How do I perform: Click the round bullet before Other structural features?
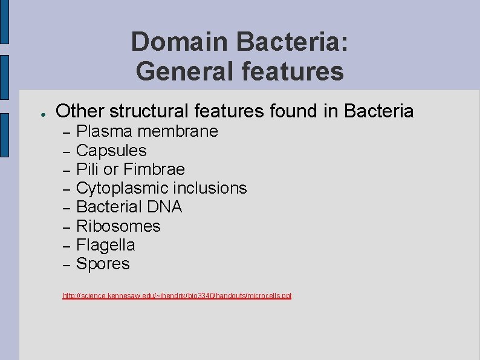tap(37, 113)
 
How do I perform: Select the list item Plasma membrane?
tap(147, 131)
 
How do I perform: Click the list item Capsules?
tap(111, 150)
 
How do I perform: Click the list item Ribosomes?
tap(118, 226)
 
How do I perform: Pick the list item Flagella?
tap(106, 245)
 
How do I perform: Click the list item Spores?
tap(103, 264)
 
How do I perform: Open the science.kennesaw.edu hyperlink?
tap(177, 296)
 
